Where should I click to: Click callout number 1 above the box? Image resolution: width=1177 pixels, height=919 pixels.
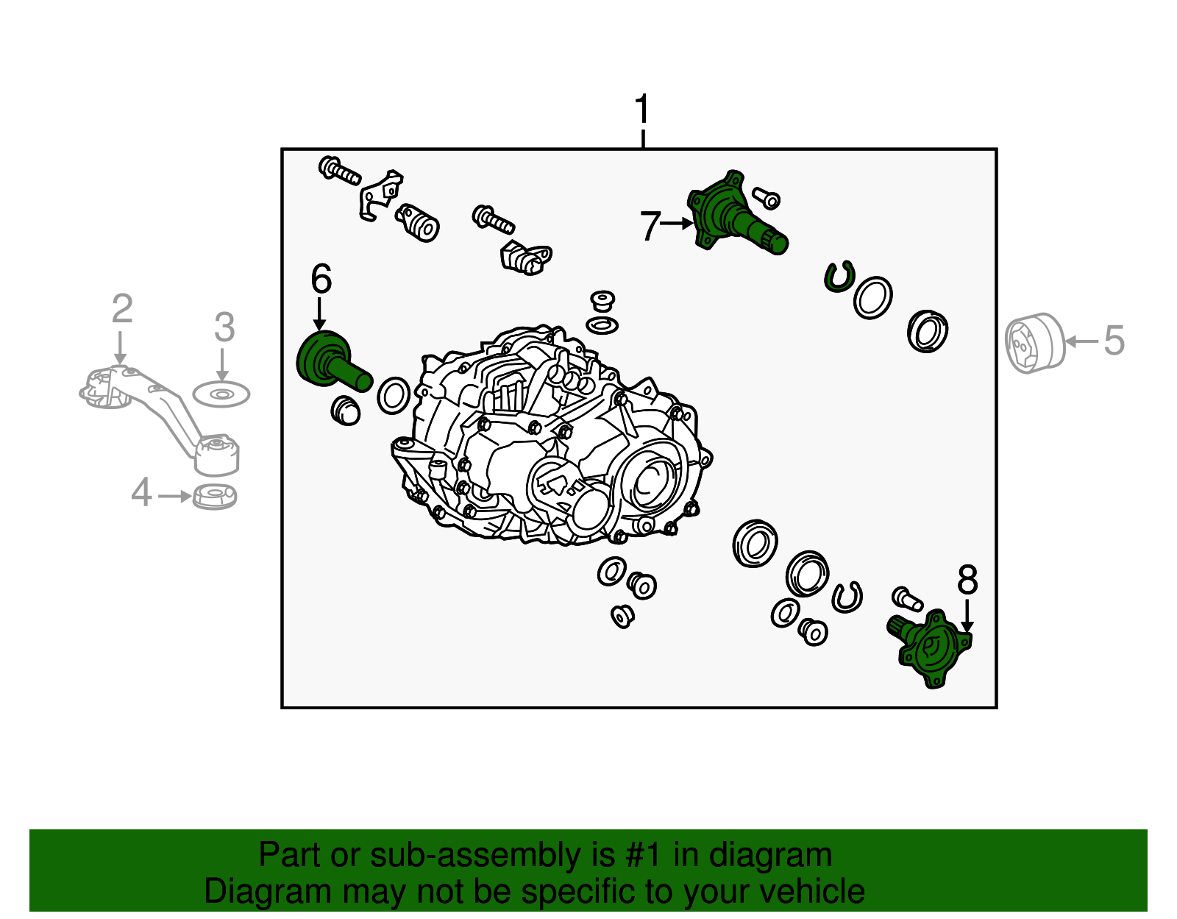tap(642, 110)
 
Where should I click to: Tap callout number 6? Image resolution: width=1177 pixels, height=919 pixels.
tap(321, 280)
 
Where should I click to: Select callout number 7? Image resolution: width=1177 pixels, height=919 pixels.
tap(650, 226)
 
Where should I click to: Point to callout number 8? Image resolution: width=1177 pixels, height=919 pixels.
tap(967, 580)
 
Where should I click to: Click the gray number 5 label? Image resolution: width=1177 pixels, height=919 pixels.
tap(1114, 341)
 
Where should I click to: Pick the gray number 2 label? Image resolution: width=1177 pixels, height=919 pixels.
tap(122, 310)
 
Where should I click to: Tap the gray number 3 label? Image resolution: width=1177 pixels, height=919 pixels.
tap(224, 327)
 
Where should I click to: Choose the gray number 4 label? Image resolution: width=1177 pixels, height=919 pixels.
tap(141, 493)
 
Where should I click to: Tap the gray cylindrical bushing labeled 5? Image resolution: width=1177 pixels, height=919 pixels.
tap(1035, 343)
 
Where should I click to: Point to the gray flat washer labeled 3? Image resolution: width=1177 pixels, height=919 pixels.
tap(221, 395)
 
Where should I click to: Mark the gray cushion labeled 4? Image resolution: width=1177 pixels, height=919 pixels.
tap(215, 497)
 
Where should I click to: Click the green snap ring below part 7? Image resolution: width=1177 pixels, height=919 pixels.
tap(837, 277)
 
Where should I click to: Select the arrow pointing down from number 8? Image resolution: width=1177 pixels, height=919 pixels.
tap(967, 616)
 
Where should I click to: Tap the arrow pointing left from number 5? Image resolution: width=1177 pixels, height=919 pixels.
tap(1082, 341)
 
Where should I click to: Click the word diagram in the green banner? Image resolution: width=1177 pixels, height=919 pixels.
tap(770, 856)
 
